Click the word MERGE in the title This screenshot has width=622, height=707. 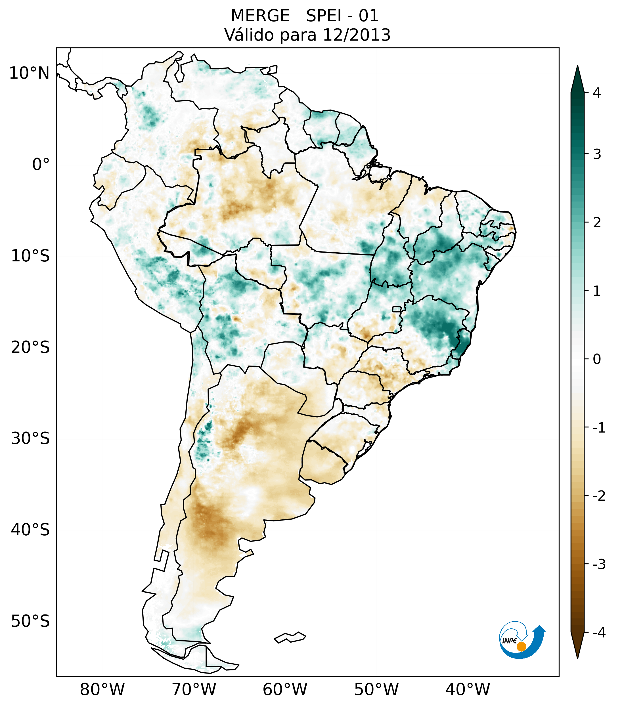point(260,16)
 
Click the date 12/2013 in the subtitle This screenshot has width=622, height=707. point(356,35)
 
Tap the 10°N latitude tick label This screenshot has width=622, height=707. point(30,73)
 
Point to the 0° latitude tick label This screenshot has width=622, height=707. point(41,165)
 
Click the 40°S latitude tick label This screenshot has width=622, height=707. point(30,530)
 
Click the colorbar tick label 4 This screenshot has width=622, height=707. point(597,93)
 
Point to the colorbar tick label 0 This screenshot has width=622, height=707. point(597,359)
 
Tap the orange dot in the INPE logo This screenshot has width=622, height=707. point(521,647)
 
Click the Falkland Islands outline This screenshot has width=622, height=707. point(290,637)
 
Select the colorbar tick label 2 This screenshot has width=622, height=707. point(597,223)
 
